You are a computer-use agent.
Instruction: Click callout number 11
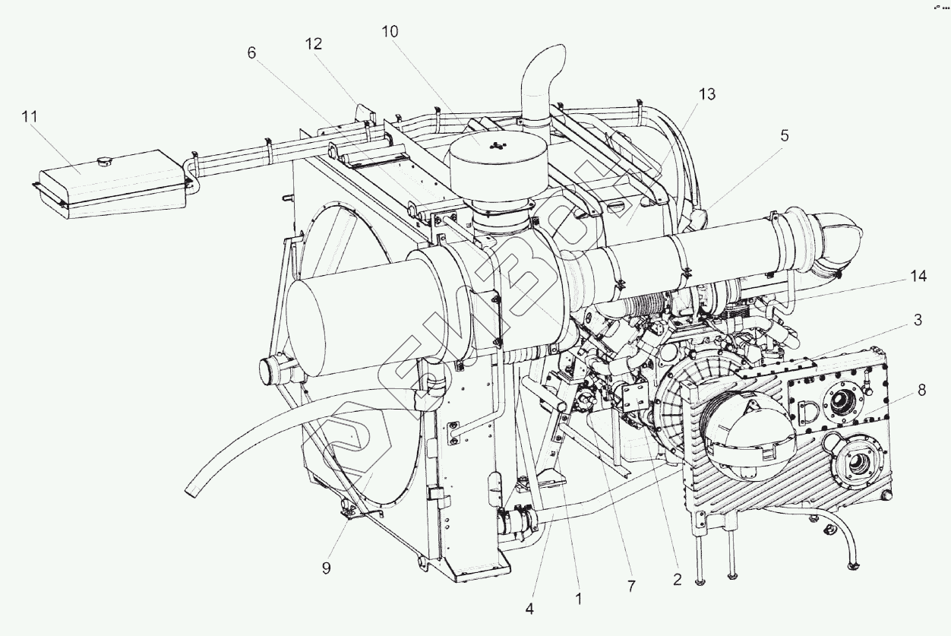[x=30, y=117]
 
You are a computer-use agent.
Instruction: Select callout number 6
[x=252, y=52]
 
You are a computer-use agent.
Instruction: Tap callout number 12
[x=314, y=44]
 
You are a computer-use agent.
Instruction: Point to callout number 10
[x=390, y=31]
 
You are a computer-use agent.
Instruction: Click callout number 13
[x=706, y=94]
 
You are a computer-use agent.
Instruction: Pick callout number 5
[x=784, y=135]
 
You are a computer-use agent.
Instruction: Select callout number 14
[x=918, y=277]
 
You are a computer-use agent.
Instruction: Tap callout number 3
[x=918, y=321]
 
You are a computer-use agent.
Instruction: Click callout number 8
[x=921, y=391]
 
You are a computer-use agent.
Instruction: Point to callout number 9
[x=326, y=568]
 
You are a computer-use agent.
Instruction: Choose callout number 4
[x=529, y=609]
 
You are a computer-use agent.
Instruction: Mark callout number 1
[x=578, y=599]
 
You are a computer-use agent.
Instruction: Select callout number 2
[x=677, y=579]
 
